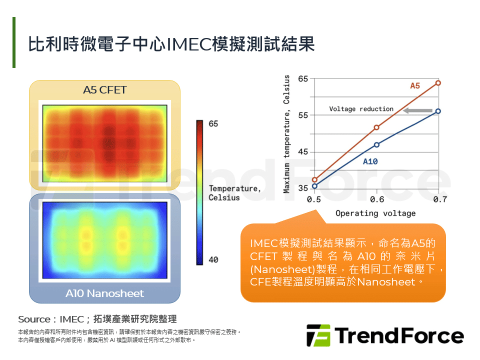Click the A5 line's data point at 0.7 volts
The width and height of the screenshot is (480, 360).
(438, 82)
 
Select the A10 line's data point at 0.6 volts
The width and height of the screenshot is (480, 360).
(376, 145)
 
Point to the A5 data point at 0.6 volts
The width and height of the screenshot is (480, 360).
(376, 127)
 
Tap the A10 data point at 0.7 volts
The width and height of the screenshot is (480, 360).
(438, 111)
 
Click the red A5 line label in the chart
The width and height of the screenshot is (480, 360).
(415, 86)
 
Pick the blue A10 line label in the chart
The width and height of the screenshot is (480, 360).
(370, 161)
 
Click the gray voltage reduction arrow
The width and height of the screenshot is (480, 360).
(418, 110)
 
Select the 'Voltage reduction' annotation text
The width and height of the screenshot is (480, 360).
(361, 109)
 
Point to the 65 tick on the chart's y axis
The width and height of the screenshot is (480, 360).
(302, 79)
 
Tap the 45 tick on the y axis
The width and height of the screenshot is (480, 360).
(302, 152)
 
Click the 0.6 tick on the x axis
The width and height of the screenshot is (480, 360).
(376, 199)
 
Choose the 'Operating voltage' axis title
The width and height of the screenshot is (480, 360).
(375, 213)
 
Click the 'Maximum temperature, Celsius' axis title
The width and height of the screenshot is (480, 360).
(287, 134)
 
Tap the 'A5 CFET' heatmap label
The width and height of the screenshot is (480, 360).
(104, 90)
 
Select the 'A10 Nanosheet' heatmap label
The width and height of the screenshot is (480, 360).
(104, 293)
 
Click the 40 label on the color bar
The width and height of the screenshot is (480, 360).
(213, 260)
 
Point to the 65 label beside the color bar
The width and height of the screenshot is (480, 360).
(213, 124)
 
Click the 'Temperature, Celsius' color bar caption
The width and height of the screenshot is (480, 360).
(234, 193)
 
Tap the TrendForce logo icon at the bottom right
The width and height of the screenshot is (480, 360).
(318, 335)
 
